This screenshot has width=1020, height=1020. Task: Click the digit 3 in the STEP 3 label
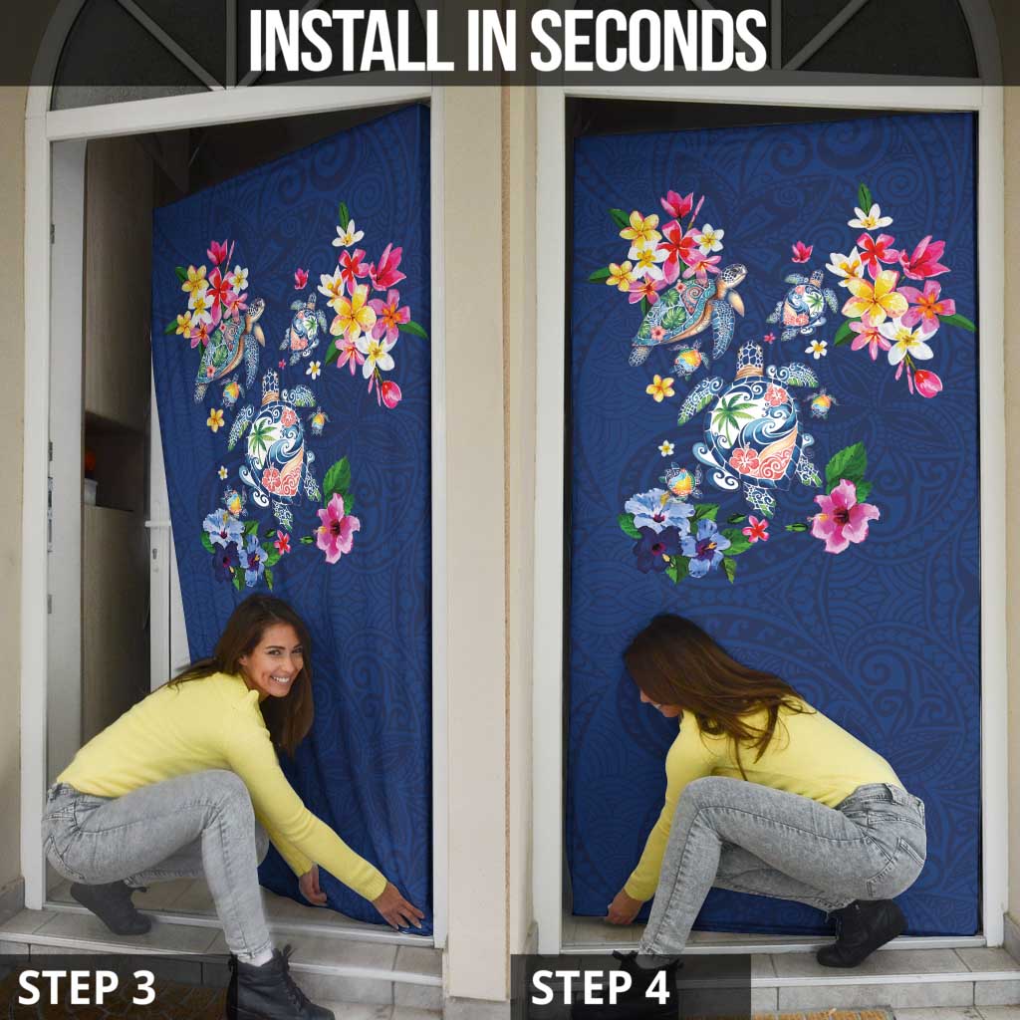(142, 987)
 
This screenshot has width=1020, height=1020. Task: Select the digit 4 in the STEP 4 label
(656, 987)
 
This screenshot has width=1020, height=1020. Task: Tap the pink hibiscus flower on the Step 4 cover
(844, 516)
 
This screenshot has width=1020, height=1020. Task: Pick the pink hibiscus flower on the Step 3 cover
(337, 527)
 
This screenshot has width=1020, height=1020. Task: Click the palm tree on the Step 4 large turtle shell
(733, 415)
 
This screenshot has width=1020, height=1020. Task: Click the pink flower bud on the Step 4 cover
(927, 382)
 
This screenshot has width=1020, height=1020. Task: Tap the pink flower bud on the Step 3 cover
(390, 393)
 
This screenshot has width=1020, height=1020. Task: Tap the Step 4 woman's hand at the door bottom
(623, 906)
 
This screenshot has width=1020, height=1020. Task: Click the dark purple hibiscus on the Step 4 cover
(655, 549)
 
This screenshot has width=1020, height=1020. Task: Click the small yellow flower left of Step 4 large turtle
(660, 387)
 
